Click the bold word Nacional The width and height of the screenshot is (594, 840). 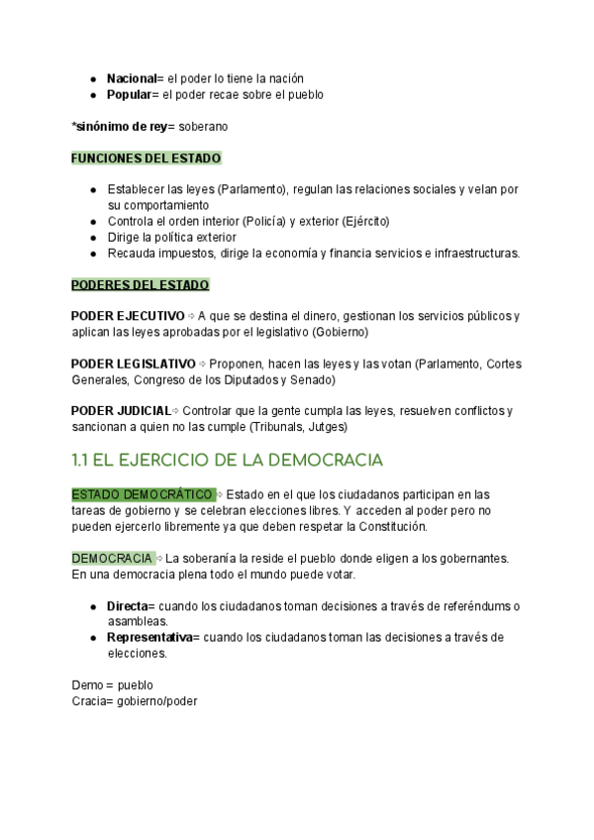pos(132,78)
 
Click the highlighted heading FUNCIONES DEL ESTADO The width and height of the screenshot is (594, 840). pos(147,158)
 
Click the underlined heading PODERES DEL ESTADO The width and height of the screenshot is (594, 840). pos(141,285)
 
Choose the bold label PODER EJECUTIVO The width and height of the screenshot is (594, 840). pos(128,316)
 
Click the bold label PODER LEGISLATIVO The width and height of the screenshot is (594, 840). pos(134,364)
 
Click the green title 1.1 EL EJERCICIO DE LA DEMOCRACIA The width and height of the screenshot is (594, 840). pos(227,461)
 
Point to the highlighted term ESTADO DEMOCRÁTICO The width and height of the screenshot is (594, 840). pos(142,494)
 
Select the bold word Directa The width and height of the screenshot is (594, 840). pos(127,606)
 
